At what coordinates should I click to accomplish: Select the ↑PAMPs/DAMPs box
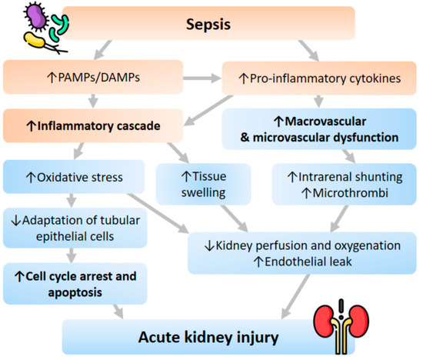click(x=101, y=77)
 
